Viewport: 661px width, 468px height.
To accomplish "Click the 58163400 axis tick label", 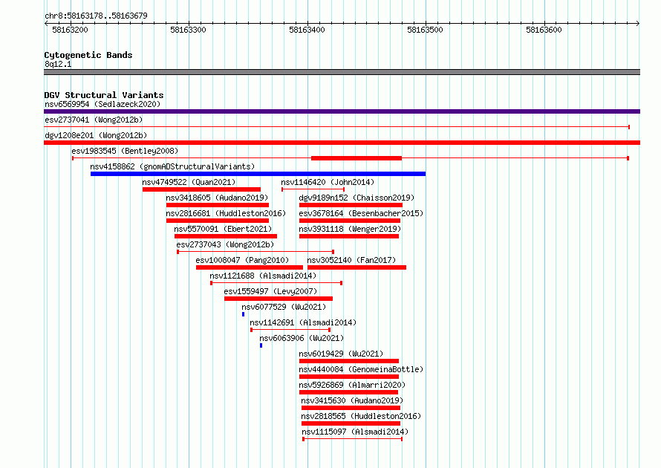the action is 307,30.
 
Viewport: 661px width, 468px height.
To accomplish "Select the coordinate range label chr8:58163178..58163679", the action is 96,16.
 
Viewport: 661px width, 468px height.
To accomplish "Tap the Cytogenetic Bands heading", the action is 88,55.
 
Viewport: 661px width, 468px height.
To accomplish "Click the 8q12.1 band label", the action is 58,64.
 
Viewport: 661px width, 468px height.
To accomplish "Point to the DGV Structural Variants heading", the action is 104,95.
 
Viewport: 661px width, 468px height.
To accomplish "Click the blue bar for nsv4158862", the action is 258,174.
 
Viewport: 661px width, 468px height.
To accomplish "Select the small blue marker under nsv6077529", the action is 244,314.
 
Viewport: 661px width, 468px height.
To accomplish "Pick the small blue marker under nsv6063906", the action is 261,345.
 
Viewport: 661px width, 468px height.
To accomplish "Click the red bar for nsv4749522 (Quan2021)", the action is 201,189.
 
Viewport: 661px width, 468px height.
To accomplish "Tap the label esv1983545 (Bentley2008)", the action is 125,151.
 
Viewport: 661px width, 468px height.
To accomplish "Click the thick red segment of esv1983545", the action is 356,158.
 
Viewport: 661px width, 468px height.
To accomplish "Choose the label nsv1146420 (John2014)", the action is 328,182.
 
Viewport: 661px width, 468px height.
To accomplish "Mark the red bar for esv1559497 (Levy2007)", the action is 279,299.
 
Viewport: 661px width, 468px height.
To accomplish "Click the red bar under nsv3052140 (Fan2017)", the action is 356,267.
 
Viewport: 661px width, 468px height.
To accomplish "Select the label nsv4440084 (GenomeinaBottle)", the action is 361,369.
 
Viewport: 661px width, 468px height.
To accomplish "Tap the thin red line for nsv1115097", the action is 353,439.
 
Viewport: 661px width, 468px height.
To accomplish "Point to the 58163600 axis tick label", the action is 544,30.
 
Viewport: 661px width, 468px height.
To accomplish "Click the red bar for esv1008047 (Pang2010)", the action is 250,267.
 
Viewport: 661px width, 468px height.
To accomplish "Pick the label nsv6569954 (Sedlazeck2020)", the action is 102,104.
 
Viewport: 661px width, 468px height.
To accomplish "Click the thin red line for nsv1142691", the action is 290,330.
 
